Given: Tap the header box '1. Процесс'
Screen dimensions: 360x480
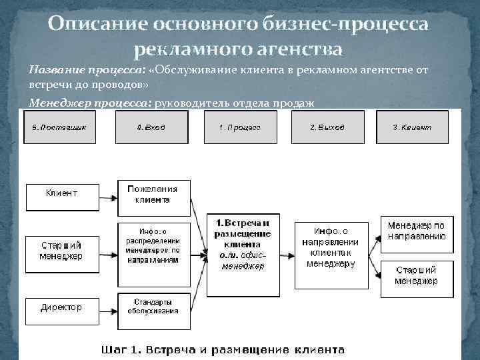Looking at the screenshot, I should point(239,127).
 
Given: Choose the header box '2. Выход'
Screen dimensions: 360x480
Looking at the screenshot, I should point(327,127).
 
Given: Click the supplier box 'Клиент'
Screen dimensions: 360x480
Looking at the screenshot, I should point(61,193).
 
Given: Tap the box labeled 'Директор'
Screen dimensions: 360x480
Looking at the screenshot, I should point(61,307).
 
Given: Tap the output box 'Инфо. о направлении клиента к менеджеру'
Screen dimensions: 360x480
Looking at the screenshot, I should point(331,253).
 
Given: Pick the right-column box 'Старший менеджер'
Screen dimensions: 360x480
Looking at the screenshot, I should point(416,276).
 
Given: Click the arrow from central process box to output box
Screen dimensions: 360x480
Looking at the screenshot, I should point(287,253).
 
